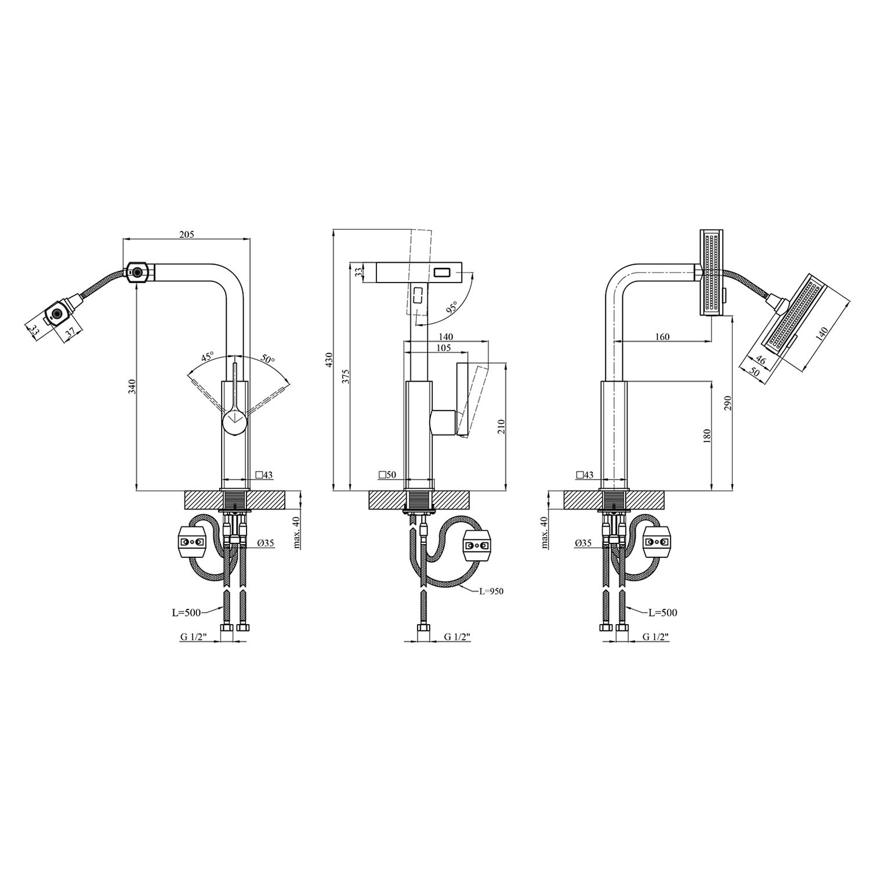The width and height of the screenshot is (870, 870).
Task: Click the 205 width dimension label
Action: [187, 234]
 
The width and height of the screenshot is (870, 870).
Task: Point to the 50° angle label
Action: [267, 359]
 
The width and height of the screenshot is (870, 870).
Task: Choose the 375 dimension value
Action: [346, 376]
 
